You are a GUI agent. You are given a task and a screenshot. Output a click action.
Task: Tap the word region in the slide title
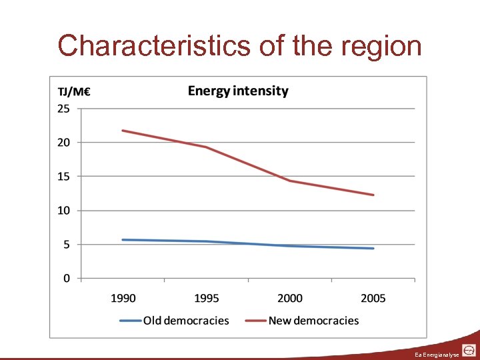[x=381, y=47]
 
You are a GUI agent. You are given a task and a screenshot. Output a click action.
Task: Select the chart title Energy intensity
[x=238, y=91]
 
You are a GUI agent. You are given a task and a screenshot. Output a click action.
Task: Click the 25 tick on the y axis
[x=63, y=109]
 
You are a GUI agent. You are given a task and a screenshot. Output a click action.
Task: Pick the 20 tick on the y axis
[x=63, y=142]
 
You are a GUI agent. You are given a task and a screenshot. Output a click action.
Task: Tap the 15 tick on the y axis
[x=63, y=176]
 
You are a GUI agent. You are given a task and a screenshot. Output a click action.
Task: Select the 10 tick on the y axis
[x=63, y=210]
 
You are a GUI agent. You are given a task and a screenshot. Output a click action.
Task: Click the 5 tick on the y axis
[x=66, y=245]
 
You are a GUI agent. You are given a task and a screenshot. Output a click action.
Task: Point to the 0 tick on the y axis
[x=66, y=279]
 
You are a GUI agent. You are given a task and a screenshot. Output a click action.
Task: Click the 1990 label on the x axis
[x=123, y=298]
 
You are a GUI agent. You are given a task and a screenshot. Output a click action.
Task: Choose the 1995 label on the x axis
[x=206, y=298]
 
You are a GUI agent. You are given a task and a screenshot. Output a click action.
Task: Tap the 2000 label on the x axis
[x=290, y=298]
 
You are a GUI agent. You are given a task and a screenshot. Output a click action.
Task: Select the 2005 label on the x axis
[x=373, y=298]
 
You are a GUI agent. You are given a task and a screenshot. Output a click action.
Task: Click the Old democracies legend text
[x=186, y=321]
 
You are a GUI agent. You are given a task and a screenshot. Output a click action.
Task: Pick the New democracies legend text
[x=313, y=321]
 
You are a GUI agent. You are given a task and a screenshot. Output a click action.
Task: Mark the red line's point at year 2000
[x=290, y=181]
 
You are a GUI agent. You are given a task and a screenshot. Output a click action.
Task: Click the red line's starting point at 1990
[x=123, y=131]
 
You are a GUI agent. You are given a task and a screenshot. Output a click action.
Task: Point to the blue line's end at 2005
[x=373, y=248]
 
